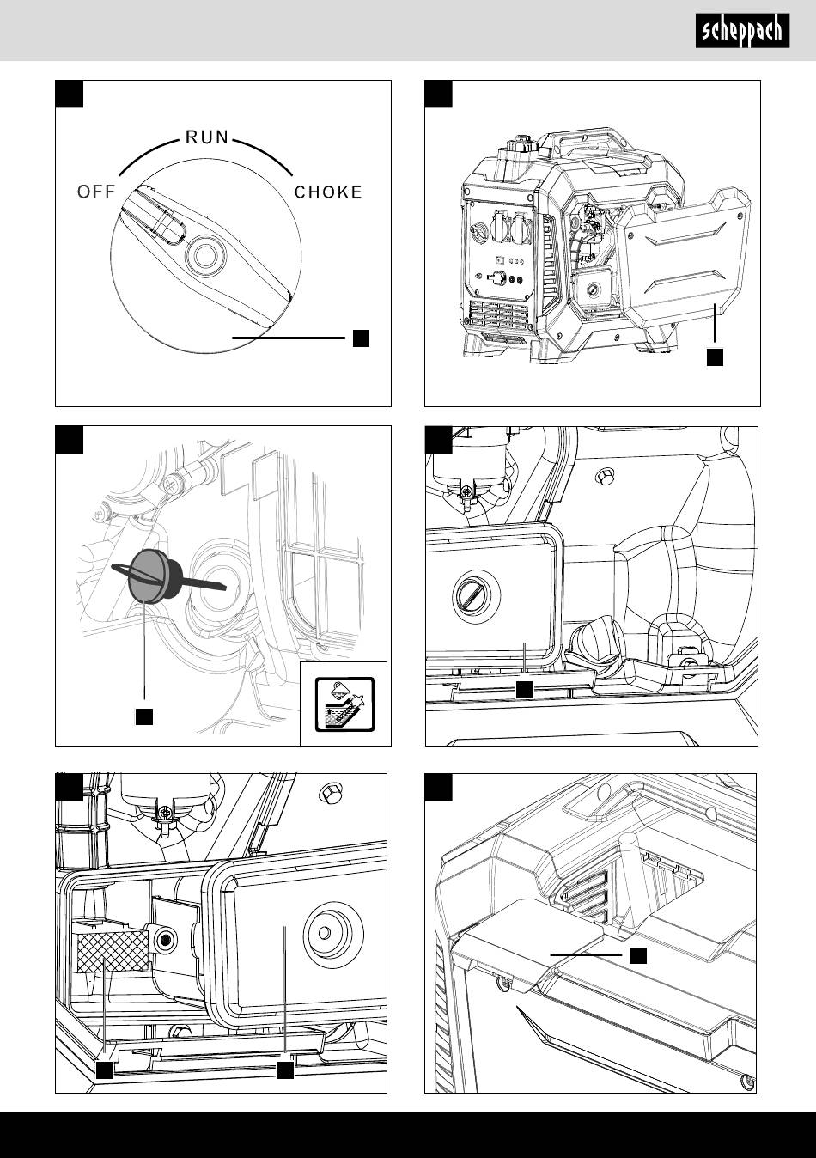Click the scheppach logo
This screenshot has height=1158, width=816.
coord(742,31)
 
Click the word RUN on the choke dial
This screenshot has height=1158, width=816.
coord(207,137)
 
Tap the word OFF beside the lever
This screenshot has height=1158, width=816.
coord(96,192)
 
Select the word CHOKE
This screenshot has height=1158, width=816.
coord(328,192)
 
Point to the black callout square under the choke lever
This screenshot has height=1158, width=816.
coord(361,338)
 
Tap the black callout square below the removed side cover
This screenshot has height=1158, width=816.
coord(715,357)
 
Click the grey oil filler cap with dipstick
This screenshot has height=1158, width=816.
coord(149,576)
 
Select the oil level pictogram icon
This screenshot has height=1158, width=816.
coord(344,704)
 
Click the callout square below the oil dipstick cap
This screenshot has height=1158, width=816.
coord(143,716)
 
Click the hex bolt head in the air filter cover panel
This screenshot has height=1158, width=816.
coord(603,476)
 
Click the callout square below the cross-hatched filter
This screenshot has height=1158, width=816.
coord(105,1070)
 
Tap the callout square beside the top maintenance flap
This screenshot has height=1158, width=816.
coord(638,955)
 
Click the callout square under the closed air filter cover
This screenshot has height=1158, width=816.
coord(525,690)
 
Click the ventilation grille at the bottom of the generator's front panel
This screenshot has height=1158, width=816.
coord(499,316)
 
